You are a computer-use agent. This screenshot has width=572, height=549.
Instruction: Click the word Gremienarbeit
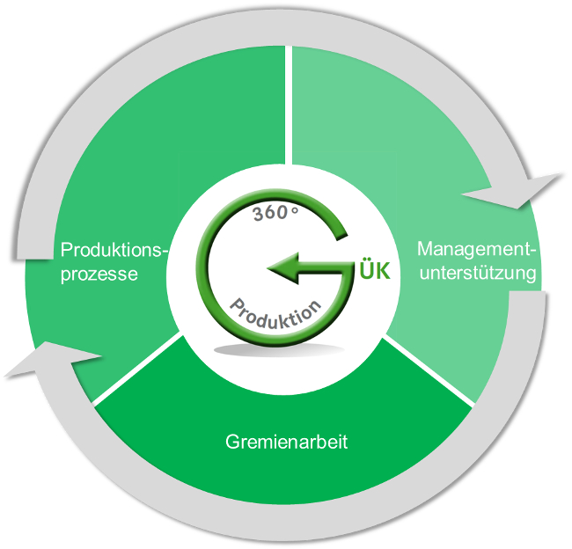(x=285, y=442)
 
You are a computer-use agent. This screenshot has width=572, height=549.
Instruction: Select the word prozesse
(x=99, y=274)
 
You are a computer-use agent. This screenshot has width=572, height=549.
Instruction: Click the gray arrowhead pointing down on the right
(x=524, y=193)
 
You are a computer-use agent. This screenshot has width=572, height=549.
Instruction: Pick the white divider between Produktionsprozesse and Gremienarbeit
(x=138, y=371)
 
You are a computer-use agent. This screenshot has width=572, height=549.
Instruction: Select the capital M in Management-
(x=425, y=249)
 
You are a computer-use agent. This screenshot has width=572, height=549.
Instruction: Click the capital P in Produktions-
(x=66, y=251)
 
